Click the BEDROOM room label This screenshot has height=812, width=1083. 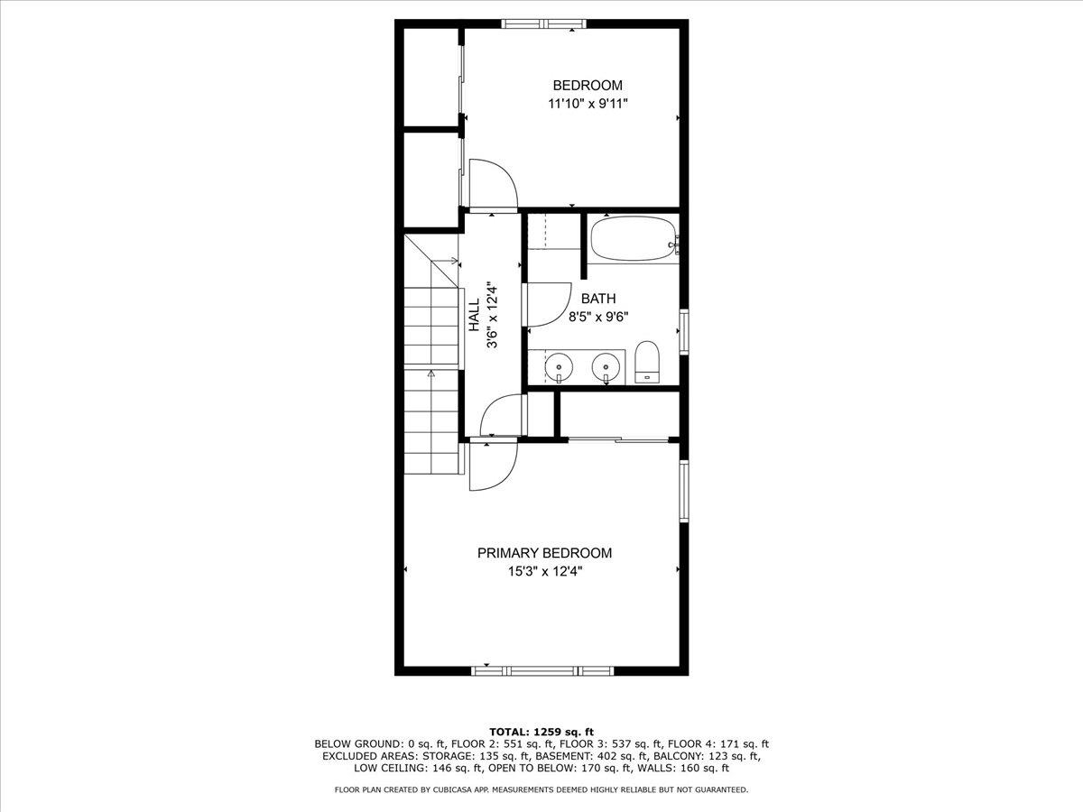pyautogui.click(x=588, y=86)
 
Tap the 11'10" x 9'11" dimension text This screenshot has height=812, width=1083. pyautogui.click(x=588, y=104)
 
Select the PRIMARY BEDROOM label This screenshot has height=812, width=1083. pyautogui.click(x=544, y=553)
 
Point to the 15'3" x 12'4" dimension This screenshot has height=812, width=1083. pyautogui.click(x=545, y=571)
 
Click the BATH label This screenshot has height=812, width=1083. pyautogui.click(x=598, y=299)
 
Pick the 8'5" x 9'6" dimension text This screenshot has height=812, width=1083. pyautogui.click(x=598, y=317)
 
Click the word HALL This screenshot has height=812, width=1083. pyautogui.click(x=474, y=315)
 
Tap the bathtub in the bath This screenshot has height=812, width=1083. pyautogui.click(x=634, y=239)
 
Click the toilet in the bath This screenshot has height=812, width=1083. pyautogui.click(x=647, y=362)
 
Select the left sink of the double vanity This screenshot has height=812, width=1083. pyautogui.click(x=559, y=366)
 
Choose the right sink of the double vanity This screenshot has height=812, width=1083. pyautogui.click(x=606, y=366)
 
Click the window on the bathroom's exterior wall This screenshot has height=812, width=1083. pyautogui.click(x=684, y=332)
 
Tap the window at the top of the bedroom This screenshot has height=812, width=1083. pyautogui.click(x=544, y=23)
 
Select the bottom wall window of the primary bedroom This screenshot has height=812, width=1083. pyautogui.click(x=542, y=670)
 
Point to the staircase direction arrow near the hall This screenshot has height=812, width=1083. pyautogui.click(x=447, y=261)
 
